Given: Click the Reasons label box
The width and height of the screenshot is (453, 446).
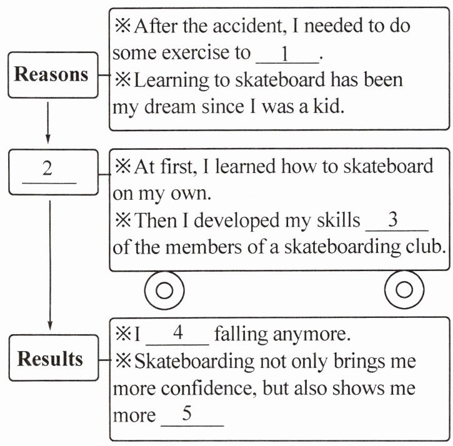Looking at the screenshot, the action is pos(52,75).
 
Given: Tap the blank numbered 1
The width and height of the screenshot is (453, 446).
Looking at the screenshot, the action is pos(287,54).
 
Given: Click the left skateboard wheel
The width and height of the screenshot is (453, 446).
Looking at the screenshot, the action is pos(164,290).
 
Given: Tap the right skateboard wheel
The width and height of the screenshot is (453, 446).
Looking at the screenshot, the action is pos(405,290).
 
